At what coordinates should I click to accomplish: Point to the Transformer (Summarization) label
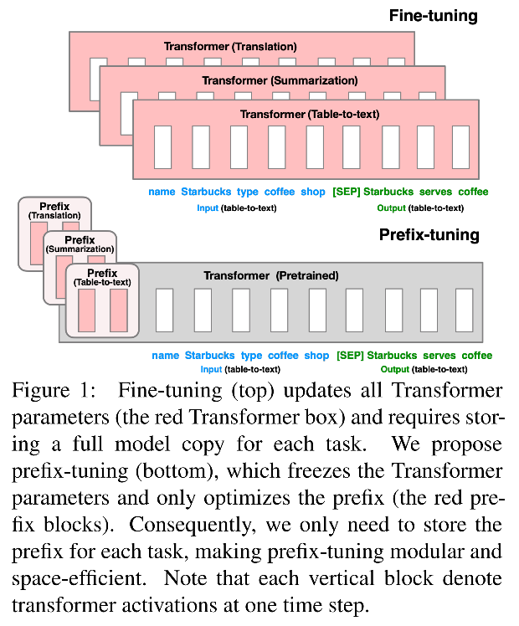pyautogui.click(x=280, y=80)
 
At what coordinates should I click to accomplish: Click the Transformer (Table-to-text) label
pyautogui.click(x=305, y=113)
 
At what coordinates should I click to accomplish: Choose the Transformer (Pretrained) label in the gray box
pyautogui.click(x=270, y=275)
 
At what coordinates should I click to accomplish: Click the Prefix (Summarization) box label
pyautogui.click(x=80, y=244)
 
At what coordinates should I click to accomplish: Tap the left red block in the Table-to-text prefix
pyautogui.click(x=87, y=310)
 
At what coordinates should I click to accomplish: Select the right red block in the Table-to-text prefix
pyautogui.click(x=118, y=310)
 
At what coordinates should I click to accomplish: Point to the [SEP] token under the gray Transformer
pyautogui.click(x=348, y=356)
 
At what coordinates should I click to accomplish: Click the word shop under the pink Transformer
pyautogui.click(x=313, y=192)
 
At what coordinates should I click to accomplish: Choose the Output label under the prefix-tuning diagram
pyautogui.click(x=395, y=369)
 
